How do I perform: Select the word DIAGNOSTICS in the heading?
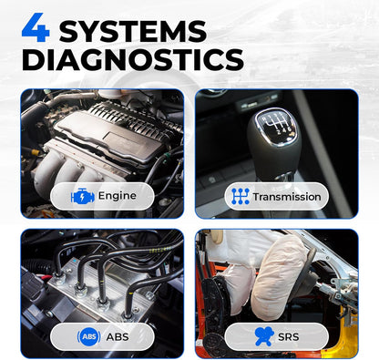(132, 60)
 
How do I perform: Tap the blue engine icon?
(83, 196)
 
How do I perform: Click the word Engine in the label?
(117, 196)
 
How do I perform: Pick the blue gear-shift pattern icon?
(241, 196)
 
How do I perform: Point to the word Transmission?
(286, 196)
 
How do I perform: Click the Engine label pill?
(101, 196)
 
